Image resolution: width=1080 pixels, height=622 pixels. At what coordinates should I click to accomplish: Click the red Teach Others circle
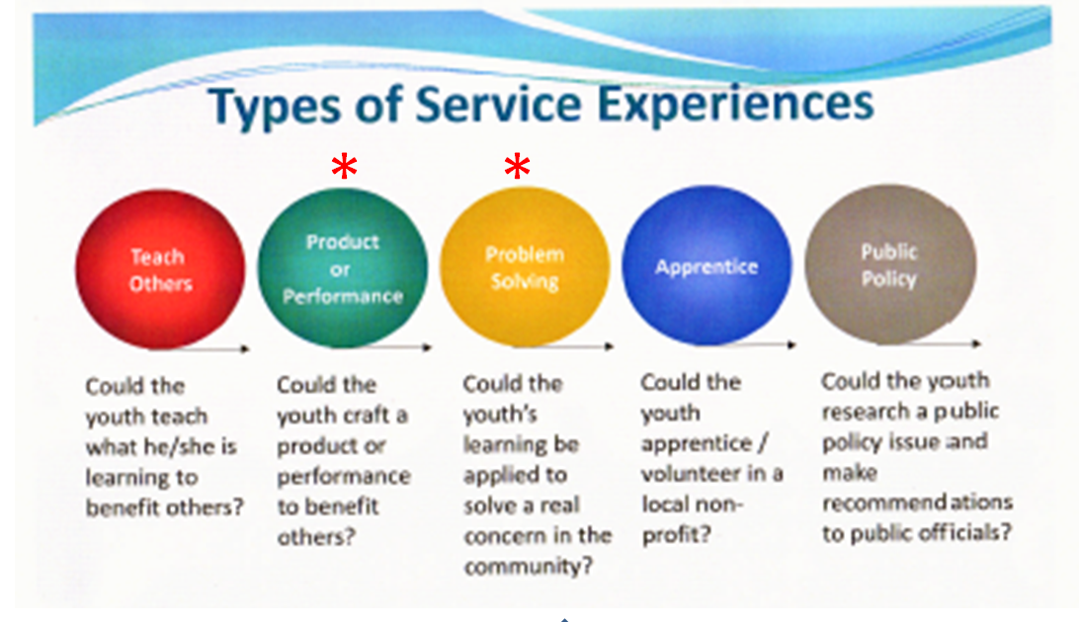click(x=160, y=270)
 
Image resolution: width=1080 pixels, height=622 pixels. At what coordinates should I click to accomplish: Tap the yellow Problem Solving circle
click(x=524, y=267)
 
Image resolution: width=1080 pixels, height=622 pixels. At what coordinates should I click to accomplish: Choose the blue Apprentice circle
click(x=706, y=267)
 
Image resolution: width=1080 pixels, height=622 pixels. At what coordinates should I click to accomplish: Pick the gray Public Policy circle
click(x=889, y=264)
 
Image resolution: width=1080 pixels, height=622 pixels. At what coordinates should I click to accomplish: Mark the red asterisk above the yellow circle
click(x=517, y=169)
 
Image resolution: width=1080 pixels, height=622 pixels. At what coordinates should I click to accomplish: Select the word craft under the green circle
click(x=367, y=416)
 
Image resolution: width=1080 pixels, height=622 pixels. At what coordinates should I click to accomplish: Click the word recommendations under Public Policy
click(x=917, y=503)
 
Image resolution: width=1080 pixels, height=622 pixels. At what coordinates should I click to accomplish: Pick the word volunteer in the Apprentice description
click(x=691, y=474)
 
